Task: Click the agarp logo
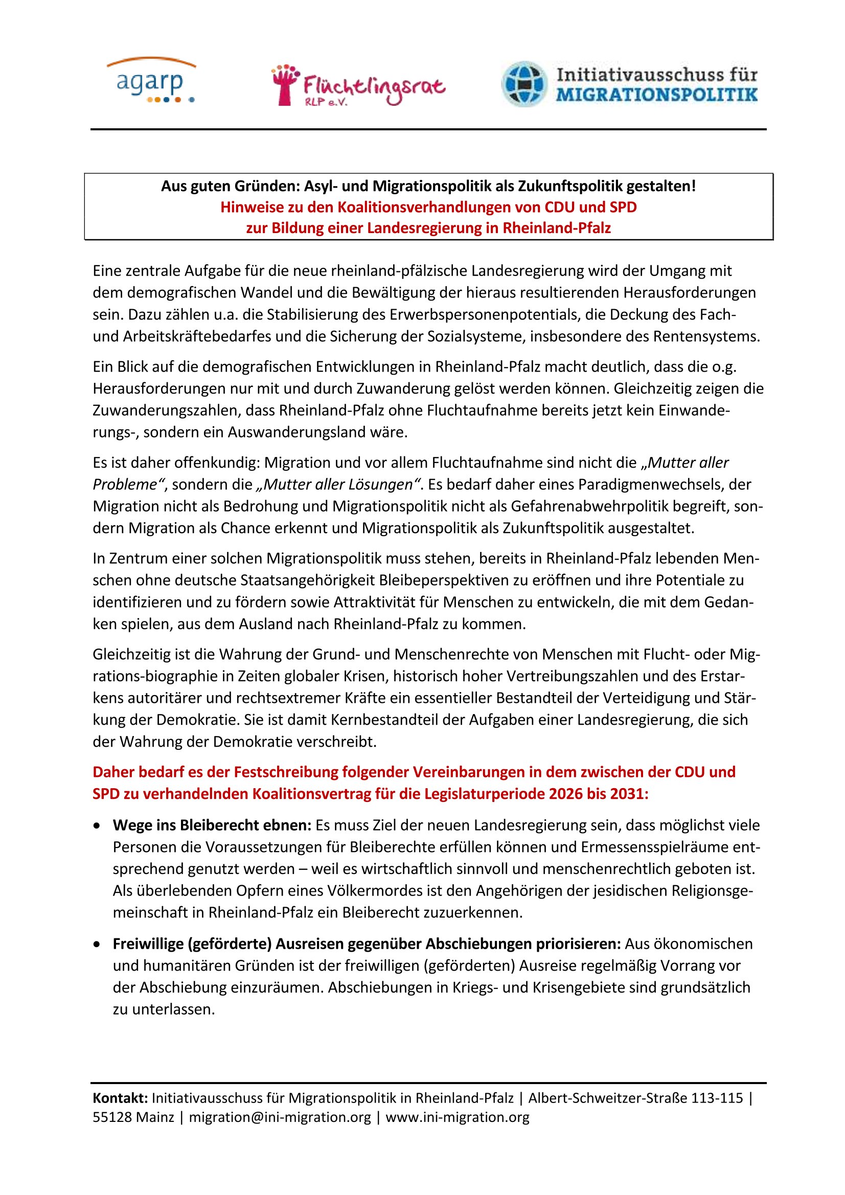(x=151, y=81)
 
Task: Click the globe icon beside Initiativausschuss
(x=524, y=84)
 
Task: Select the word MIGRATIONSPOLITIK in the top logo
(x=656, y=95)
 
